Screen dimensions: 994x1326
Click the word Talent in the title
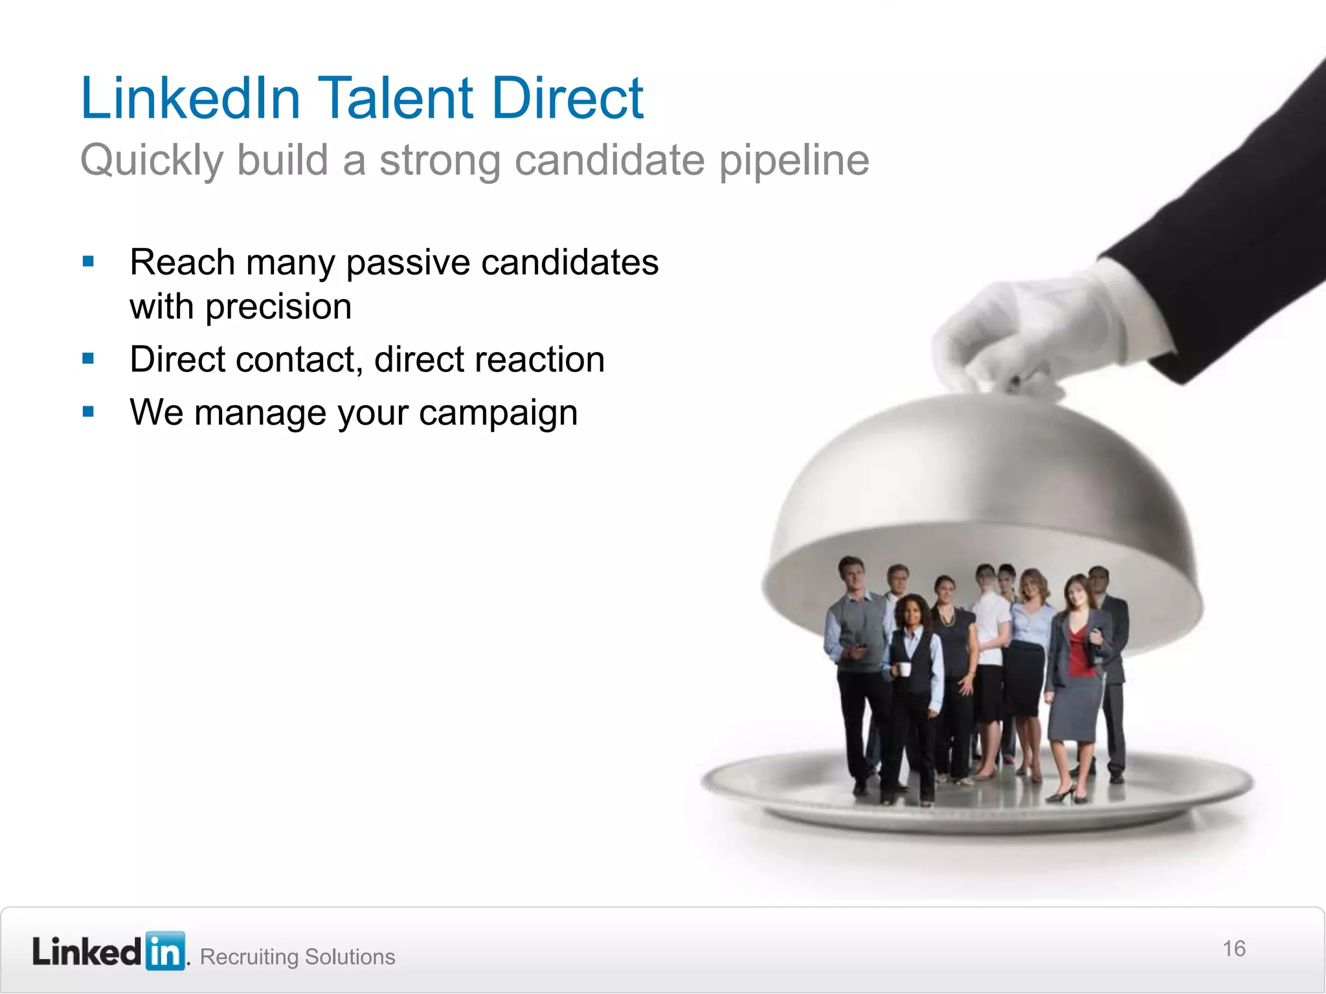[396, 98]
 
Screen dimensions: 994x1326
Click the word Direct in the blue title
[567, 98]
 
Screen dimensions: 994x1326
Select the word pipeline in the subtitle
[794, 160]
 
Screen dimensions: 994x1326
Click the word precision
[278, 307]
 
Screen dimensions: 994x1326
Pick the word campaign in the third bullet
[498, 413]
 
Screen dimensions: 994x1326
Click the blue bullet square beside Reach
[89, 262]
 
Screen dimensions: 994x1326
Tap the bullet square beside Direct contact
[89, 359]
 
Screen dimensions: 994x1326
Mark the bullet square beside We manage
[89, 412]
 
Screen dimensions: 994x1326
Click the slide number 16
[1233, 949]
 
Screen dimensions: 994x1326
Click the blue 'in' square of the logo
[166, 951]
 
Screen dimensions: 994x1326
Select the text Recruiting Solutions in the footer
[297, 956]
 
